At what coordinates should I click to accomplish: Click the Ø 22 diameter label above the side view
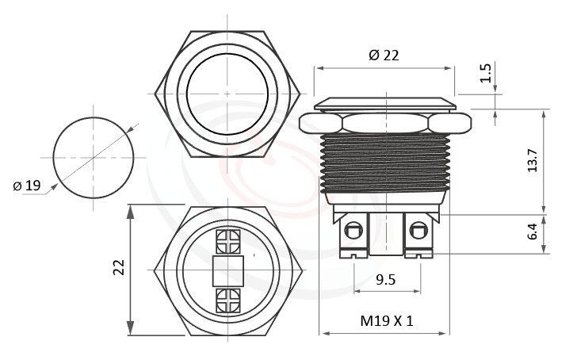pos(384,55)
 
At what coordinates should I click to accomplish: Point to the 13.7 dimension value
pos(533,160)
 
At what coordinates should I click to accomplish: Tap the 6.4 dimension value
pos(533,232)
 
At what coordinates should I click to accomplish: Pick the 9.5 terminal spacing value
pos(386,279)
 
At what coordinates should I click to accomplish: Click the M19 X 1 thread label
pos(387,321)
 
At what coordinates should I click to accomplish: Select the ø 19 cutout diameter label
pos(27,186)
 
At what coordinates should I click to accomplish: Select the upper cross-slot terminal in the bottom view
pos(227,240)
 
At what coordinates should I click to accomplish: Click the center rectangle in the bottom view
pos(227,271)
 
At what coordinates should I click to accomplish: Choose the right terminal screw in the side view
pos(418,232)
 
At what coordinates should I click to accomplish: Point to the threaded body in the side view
pos(385,163)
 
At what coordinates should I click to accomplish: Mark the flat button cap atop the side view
pos(385,103)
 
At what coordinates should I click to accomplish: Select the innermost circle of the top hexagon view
pos(227,94)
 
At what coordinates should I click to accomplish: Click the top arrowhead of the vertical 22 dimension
pos(130,209)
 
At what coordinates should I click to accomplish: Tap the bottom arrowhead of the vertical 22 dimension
pos(130,331)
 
